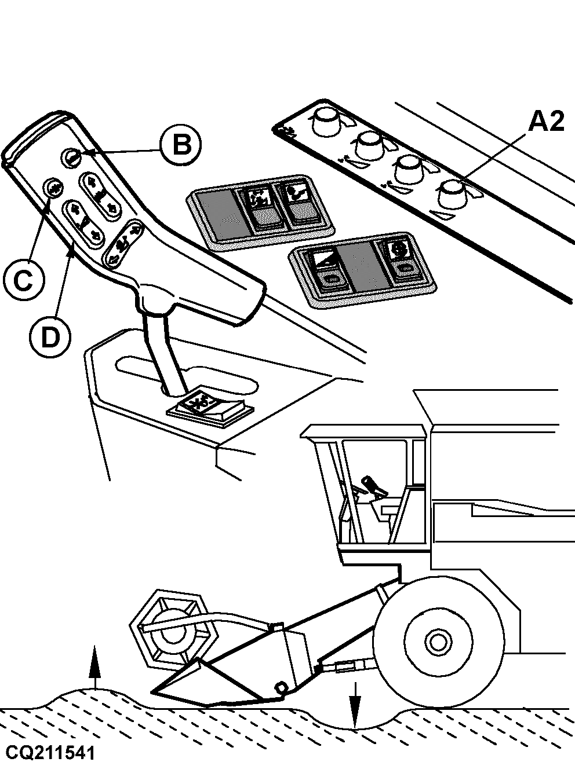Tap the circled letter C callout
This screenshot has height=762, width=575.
[x=23, y=281]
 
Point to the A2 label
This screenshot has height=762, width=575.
[x=545, y=122]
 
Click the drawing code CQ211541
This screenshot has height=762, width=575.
[x=48, y=753]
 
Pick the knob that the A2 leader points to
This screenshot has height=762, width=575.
[x=454, y=193]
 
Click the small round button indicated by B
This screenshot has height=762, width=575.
[x=72, y=156]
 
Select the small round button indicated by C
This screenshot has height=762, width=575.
[x=54, y=188]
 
